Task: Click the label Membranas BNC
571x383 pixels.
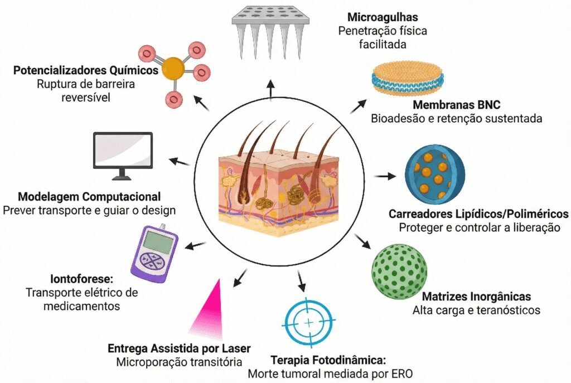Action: [x=456, y=105]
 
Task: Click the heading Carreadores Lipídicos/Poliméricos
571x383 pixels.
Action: [x=478, y=214]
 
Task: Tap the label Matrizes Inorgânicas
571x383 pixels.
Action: [x=476, y=297]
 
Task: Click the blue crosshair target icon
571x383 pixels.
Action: [x=309, y=323]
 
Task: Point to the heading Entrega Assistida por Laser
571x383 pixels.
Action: [x=179, y=348]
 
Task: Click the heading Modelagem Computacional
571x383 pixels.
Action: [x=89, y=197]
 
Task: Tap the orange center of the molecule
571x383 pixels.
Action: [x=175, y=68]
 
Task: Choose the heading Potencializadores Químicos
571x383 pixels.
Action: [x=85, y=71]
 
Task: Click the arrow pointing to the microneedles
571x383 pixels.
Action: [x=270, y=90]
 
